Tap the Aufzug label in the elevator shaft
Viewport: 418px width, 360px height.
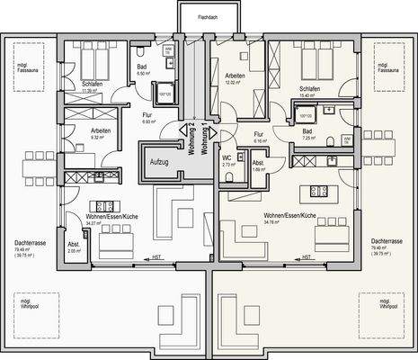[159, 164]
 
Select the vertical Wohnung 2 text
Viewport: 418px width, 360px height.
[191, 139]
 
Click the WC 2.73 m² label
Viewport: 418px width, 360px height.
[227, 162]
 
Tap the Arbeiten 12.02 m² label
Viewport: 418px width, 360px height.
[236, 79]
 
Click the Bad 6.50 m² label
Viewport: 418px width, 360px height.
[142, 71]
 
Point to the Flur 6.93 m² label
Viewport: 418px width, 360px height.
[148, 118]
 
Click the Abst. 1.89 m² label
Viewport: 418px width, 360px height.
[257, 166]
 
